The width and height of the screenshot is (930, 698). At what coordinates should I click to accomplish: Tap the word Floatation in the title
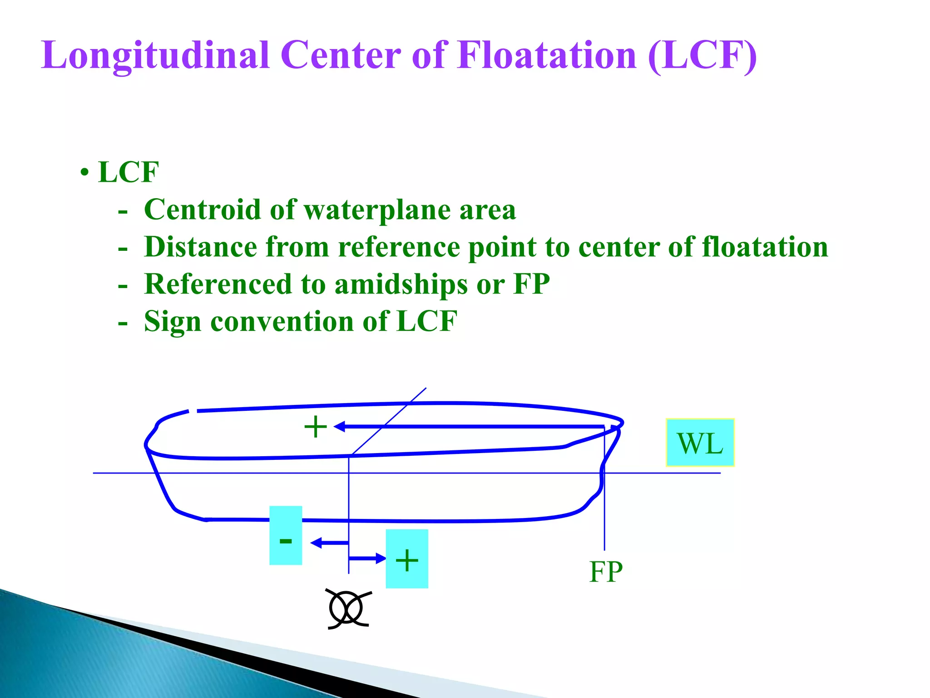547,55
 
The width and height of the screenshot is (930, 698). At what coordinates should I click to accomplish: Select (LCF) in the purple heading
702,55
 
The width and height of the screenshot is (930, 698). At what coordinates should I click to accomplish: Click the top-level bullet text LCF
129,172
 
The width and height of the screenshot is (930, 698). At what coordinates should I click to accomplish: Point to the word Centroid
203,210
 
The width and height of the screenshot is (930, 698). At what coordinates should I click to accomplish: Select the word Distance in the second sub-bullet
200,247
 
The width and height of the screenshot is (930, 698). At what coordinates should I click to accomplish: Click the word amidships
401,285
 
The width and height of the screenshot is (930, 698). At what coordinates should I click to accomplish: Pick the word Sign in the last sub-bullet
173,322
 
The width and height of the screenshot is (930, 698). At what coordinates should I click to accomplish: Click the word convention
282,322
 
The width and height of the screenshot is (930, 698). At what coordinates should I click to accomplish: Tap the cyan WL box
700,443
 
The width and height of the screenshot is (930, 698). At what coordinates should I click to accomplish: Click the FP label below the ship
606,572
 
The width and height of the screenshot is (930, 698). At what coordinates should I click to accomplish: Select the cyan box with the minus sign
286,535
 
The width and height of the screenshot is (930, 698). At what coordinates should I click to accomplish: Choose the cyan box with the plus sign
407,559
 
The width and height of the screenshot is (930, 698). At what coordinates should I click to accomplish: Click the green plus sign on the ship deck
316,427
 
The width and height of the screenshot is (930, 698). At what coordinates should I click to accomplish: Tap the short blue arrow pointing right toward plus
367,558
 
